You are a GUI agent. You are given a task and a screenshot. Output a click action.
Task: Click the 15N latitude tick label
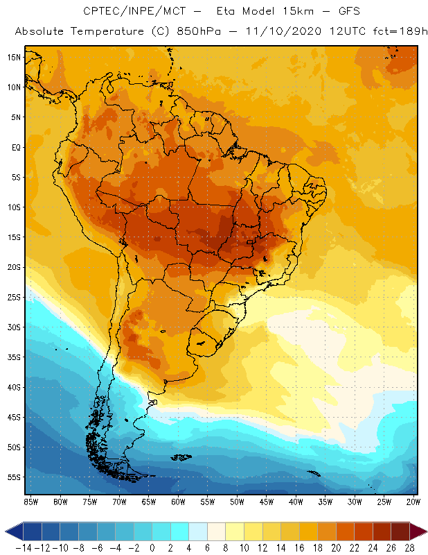click(14, 57)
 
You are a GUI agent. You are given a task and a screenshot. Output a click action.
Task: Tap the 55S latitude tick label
click(14, 477)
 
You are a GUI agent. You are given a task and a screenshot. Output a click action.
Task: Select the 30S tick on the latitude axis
click(14, 327)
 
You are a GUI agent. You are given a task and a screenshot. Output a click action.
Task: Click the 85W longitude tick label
click(30, 502)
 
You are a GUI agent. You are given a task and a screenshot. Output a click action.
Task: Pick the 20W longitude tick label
click(414, 502)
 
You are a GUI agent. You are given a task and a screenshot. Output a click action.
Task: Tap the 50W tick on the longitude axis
click(237, 502)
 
